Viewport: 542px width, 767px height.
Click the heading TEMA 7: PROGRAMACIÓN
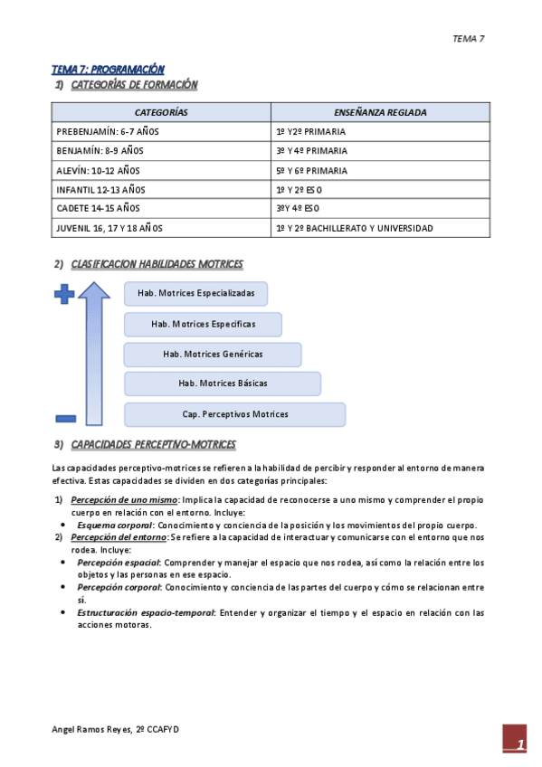pos(108,69)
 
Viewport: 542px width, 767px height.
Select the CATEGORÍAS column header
pos(161,112)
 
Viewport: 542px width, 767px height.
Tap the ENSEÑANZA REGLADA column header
pos(380,112)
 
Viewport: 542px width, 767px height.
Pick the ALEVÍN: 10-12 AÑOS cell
pos(98,170)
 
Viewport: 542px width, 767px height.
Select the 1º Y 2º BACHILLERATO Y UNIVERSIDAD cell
pos(354,229)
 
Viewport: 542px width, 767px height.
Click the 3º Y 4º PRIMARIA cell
pos(311,151)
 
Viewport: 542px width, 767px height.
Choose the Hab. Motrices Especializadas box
pos(202,293)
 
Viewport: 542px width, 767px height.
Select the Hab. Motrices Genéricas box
pos(213,354)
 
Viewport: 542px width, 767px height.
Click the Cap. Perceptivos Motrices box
pos(234,414)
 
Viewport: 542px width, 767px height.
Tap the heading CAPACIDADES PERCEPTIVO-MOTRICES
pos(153,445)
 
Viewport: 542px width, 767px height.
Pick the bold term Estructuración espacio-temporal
pos(146,613)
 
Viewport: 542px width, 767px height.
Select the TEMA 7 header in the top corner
pos(469,39)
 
